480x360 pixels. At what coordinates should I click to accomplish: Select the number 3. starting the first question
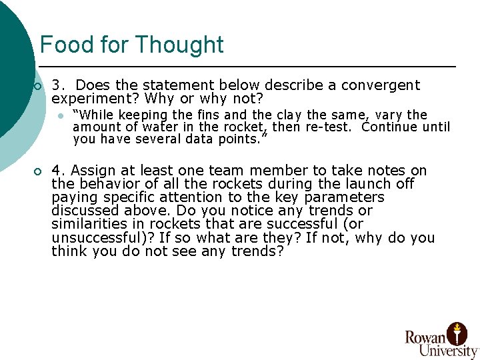[58, 85]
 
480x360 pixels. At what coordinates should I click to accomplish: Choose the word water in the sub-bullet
[161, 127]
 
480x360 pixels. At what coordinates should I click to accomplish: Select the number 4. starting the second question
[58, 171]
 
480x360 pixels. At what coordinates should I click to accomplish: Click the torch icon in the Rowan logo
[457, 331]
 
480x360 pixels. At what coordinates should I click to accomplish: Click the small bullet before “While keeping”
[61, 115]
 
